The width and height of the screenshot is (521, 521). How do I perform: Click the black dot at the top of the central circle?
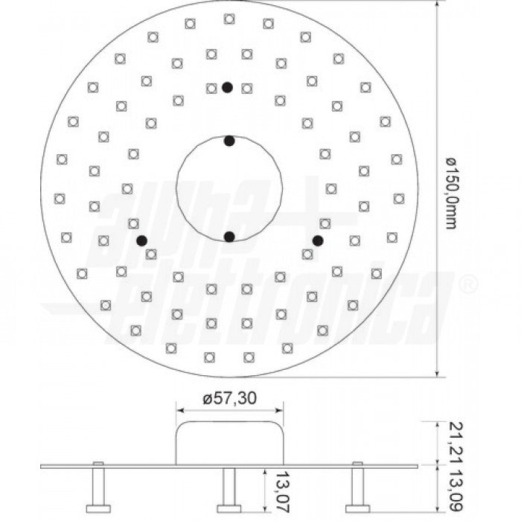(x=229, y=141)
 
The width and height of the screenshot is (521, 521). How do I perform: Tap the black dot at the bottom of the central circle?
(x=229, y=237)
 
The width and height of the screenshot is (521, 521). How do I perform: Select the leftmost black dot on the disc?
(x=141, y=240)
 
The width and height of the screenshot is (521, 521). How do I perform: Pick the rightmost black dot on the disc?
(x=318, y=240)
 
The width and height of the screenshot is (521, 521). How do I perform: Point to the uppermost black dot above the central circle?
(x=227, y=87)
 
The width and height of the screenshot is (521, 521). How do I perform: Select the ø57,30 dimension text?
(x=229, y=399)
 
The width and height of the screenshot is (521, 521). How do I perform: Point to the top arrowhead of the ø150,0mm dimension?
(x=434, y=6)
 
